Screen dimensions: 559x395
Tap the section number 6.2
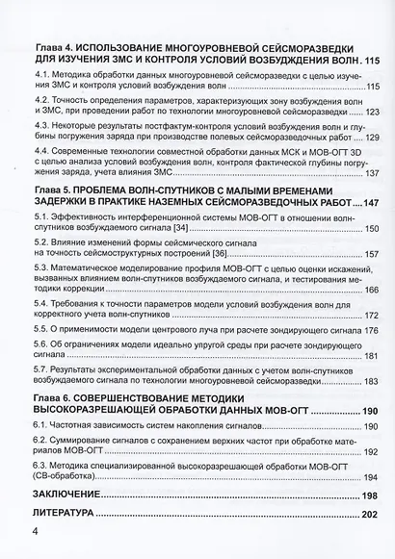coord(40,440)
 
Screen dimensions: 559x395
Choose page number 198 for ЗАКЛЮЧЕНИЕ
coord(368,495)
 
